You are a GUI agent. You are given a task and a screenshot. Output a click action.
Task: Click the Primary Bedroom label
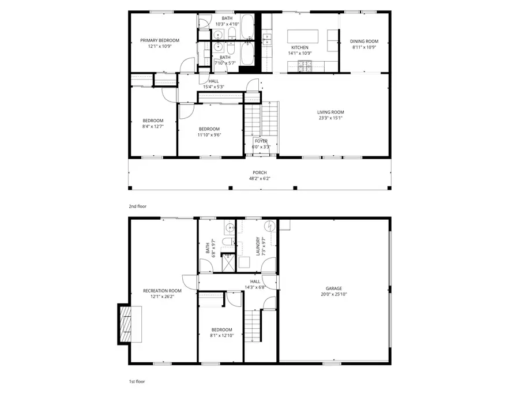pos(160,40)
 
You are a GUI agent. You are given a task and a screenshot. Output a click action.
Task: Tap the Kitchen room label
pos(299,47)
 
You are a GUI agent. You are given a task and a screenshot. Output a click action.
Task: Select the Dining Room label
pos(364,41)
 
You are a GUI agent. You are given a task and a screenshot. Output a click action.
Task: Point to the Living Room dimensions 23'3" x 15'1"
pos(330,118)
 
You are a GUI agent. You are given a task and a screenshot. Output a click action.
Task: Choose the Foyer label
pos(261,141)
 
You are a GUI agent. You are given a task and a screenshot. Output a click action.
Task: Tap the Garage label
pos(333,288)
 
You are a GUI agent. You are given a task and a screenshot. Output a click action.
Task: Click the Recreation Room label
pos(162,291)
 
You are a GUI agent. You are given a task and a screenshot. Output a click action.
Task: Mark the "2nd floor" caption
pos(138,205)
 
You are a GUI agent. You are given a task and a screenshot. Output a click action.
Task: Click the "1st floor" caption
pos(137,382)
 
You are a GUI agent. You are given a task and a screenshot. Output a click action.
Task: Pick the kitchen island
pos(303,36)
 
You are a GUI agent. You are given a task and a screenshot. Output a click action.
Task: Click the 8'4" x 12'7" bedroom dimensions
pos(153,127)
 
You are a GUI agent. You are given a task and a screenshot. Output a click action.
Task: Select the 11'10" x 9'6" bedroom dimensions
pos(209,135)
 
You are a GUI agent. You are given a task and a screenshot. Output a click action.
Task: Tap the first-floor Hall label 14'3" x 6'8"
pos(255,287)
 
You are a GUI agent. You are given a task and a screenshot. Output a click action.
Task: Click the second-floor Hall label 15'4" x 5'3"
pos(213,87)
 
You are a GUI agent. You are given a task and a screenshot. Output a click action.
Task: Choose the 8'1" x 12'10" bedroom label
pos(221,335)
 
